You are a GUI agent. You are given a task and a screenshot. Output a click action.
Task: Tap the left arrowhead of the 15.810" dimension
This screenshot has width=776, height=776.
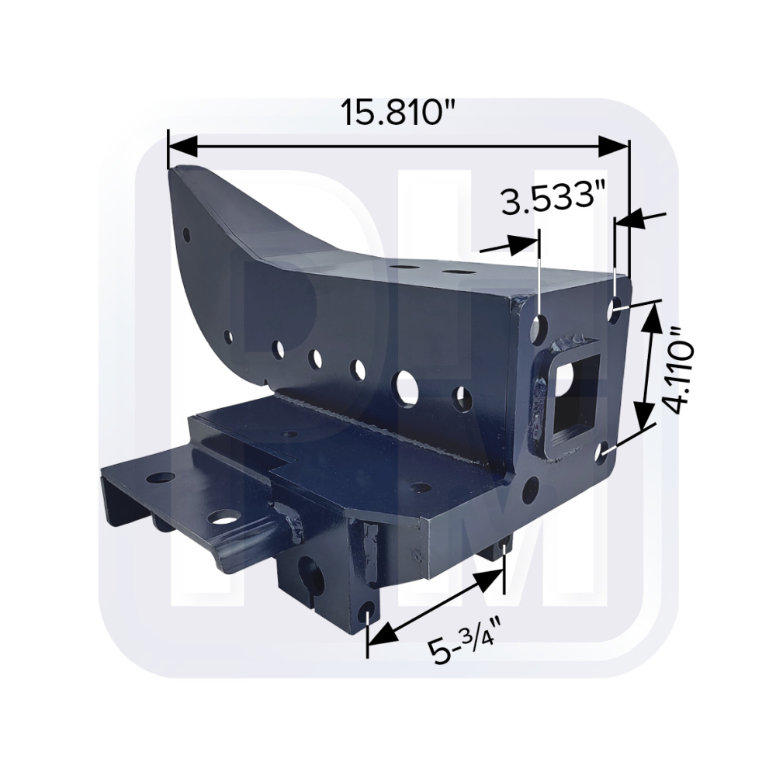pos(183,147)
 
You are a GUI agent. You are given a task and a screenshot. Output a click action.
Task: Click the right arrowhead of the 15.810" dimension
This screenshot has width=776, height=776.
pos(614,147)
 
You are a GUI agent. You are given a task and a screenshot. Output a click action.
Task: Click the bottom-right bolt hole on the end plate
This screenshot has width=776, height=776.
pos(605,453)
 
